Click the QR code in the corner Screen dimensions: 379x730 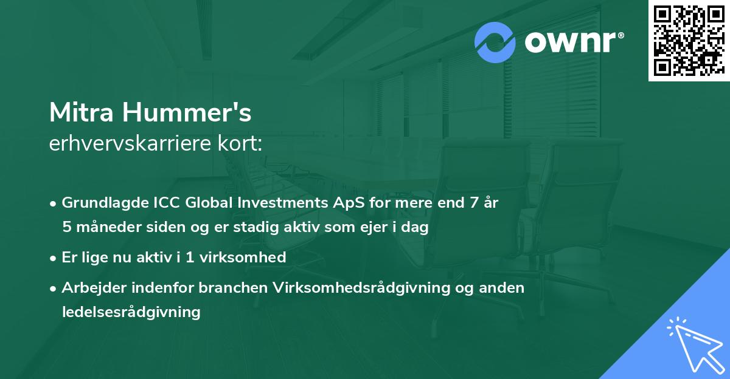pyautogui.click(x=689, y=41)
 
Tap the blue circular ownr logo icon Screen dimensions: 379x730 pyautogui.click(x=495, y=43)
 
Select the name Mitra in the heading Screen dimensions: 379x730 pyautogui.click(x=82, y=112)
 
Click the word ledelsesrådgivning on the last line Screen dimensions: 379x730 pyautogui.click(x=131, y=312)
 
